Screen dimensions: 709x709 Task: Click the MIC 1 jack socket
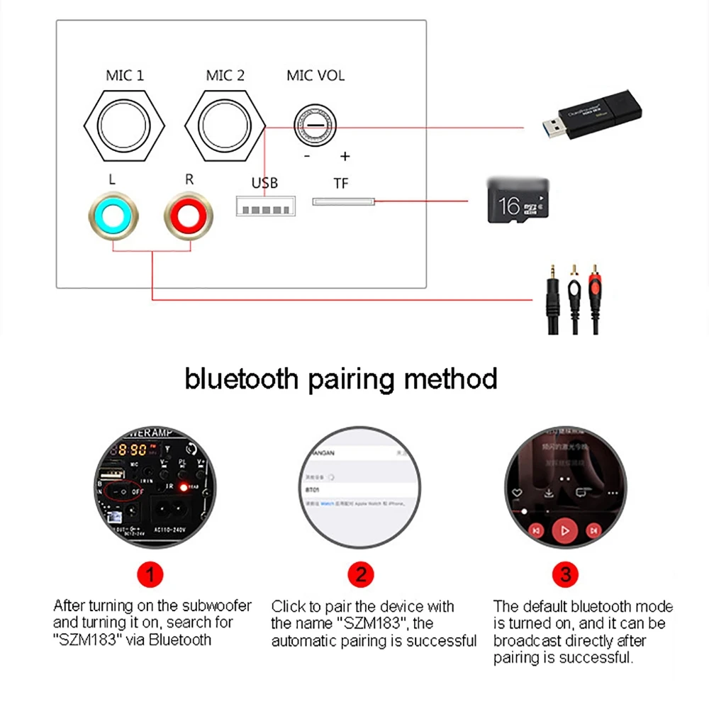(x=125, y=126)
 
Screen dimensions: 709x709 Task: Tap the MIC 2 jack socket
(x=225, y=126)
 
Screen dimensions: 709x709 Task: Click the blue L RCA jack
(x=112, y=213)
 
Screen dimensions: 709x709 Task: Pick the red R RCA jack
(x=189, y=213)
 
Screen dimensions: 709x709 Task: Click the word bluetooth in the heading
(x=242, y=379)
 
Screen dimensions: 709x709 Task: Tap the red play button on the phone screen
(x=565, y=529)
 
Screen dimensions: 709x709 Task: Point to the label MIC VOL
(x=316, y=75)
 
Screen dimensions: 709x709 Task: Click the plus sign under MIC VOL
(x=345, y=156)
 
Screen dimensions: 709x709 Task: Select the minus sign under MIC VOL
(x=306, y=156)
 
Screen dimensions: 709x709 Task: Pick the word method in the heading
(x=451, y=379)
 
